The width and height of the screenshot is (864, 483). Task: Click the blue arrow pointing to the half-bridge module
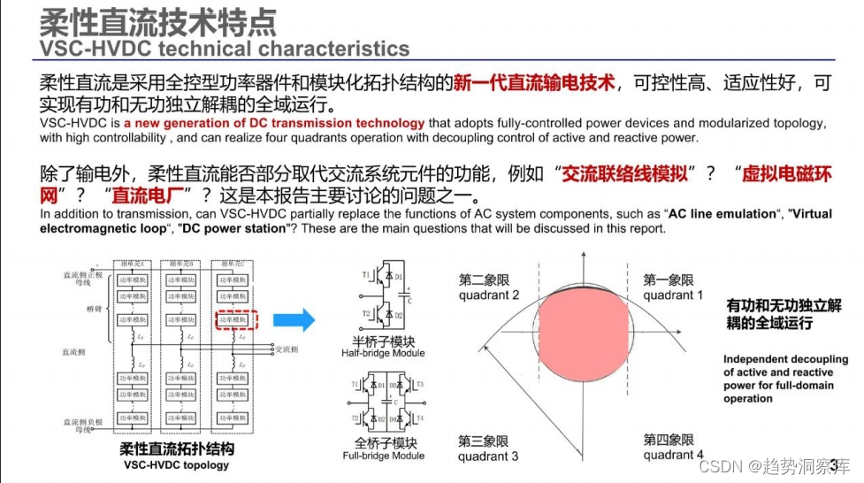295,319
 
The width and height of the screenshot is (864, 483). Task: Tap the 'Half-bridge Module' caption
383,353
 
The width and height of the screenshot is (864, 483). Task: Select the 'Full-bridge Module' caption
383,456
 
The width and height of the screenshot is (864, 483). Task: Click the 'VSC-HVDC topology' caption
176,464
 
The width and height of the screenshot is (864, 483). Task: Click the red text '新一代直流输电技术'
534,84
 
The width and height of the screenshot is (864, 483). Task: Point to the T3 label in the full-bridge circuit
419,384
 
